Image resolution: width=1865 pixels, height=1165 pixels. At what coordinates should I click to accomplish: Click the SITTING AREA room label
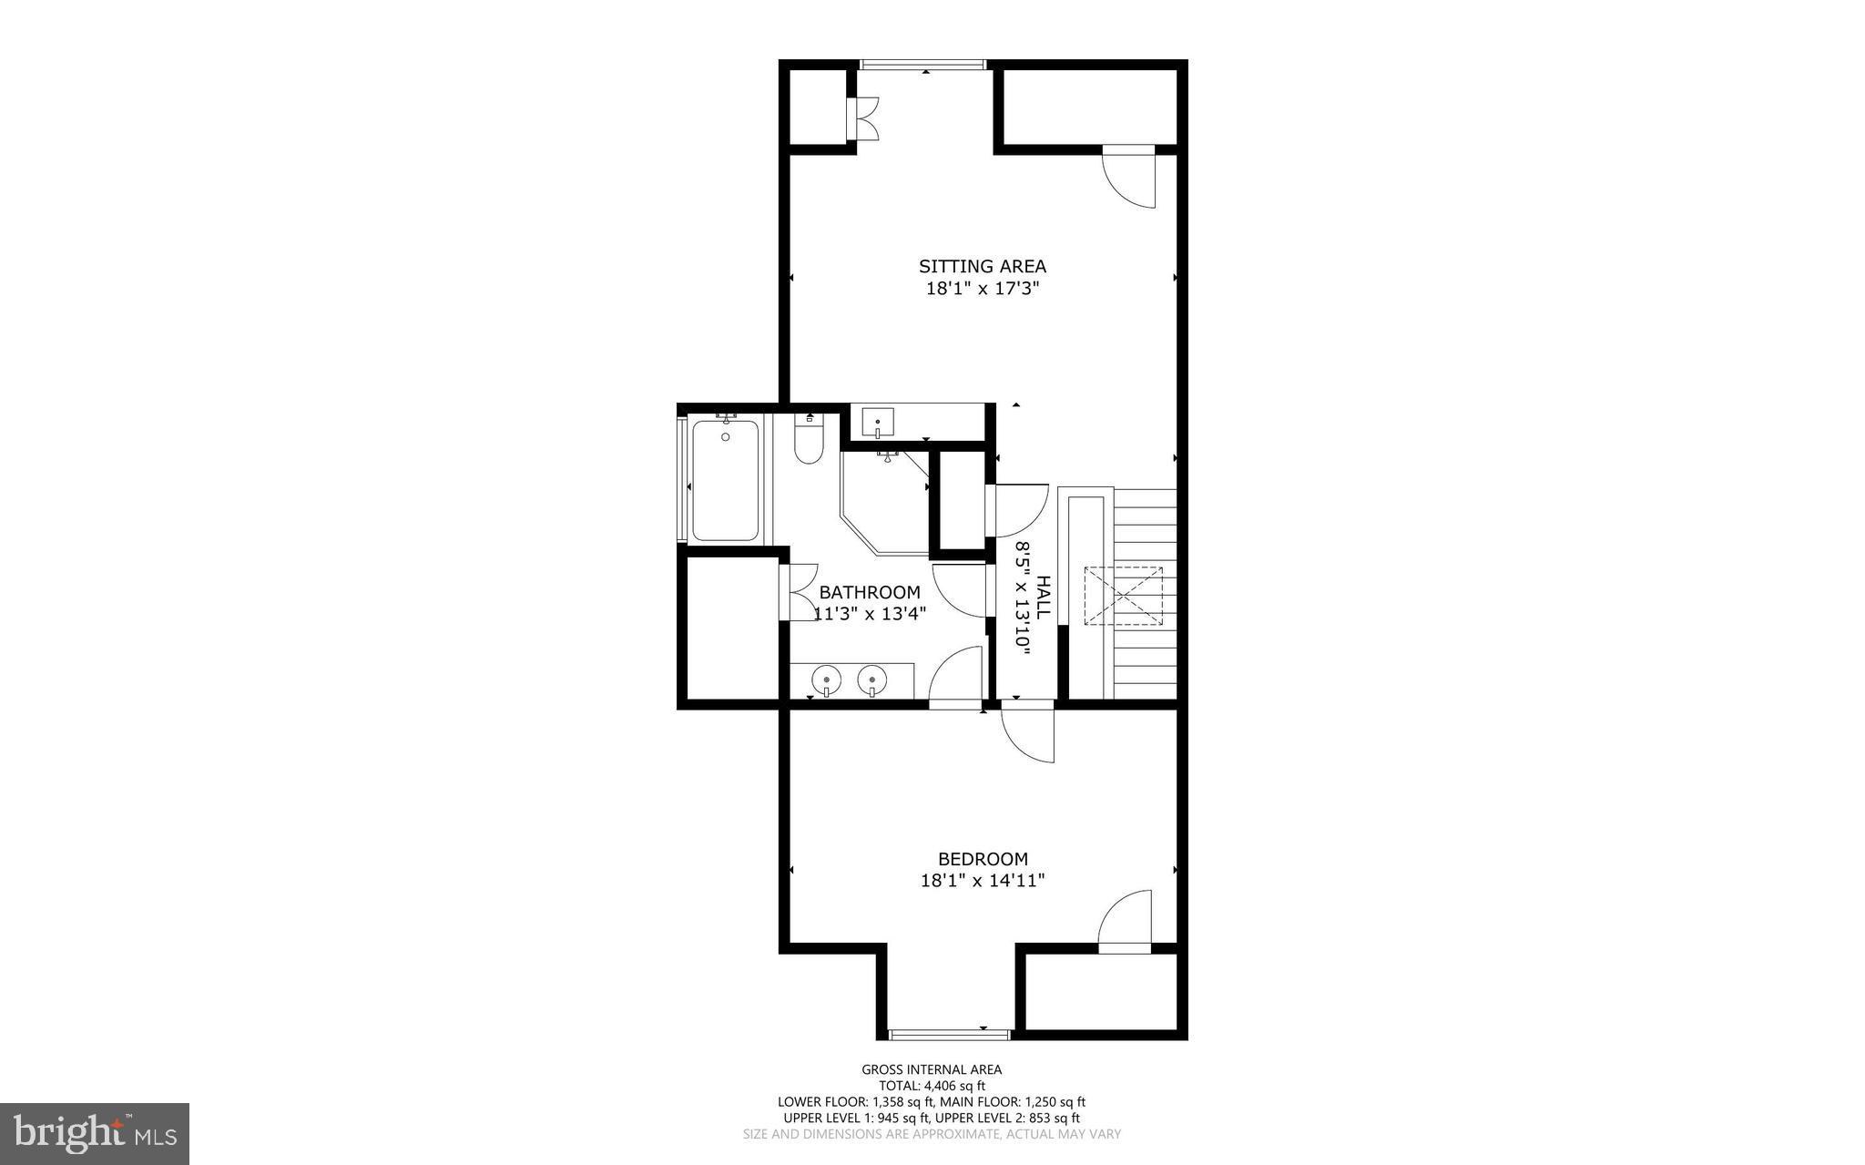[x=982, y=266]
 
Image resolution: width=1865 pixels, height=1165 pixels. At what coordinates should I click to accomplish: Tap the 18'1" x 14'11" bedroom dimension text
[x=982, y=881]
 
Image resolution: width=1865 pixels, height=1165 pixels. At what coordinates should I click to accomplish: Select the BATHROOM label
[x=869, y=592]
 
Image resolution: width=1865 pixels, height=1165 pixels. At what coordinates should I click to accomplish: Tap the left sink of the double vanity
[x=825, y=680]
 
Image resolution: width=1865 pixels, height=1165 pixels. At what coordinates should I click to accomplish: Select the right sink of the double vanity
[x=872, y=680]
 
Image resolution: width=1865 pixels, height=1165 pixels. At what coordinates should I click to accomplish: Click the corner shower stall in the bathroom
[x=882, y=503]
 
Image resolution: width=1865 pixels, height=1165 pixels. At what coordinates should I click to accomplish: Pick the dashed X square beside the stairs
[x=1123, y=596]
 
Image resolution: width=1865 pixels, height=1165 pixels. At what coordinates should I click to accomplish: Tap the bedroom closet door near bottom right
[x=1126, y=922]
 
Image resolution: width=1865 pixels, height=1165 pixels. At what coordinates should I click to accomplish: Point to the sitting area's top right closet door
[x=1130, y=177]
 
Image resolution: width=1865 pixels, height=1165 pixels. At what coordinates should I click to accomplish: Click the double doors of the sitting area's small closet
[x=862, y=118]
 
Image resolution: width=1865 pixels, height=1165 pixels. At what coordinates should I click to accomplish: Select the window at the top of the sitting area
[x=923, y=65]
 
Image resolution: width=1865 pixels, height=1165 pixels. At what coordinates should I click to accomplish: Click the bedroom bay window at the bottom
[x=949, y=1034]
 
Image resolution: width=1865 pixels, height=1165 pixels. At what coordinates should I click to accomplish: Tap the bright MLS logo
[x=95, y=1133]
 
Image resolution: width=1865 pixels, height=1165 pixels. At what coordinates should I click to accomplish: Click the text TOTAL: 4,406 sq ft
[x=932, y=1086]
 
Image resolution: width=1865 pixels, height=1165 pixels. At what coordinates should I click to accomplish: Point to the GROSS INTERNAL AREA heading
[x=932, y=1070]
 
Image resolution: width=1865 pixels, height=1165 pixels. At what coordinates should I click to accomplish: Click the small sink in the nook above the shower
[x=878, y=422]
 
